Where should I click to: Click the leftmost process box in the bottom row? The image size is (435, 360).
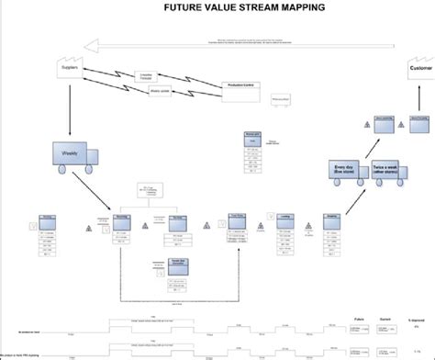(x=48, y=222)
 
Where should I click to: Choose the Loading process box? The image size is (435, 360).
(x=296, y=222)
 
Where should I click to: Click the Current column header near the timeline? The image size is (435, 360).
(x=386, y=319)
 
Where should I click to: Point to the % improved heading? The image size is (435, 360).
(x=416, y=319)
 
